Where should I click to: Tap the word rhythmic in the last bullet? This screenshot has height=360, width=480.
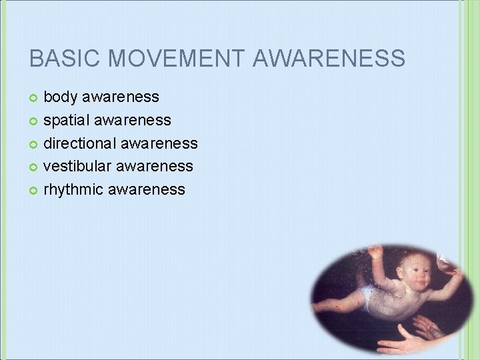click(x=73, y=189)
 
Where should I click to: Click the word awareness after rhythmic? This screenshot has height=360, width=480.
click(x=146, y=189)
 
